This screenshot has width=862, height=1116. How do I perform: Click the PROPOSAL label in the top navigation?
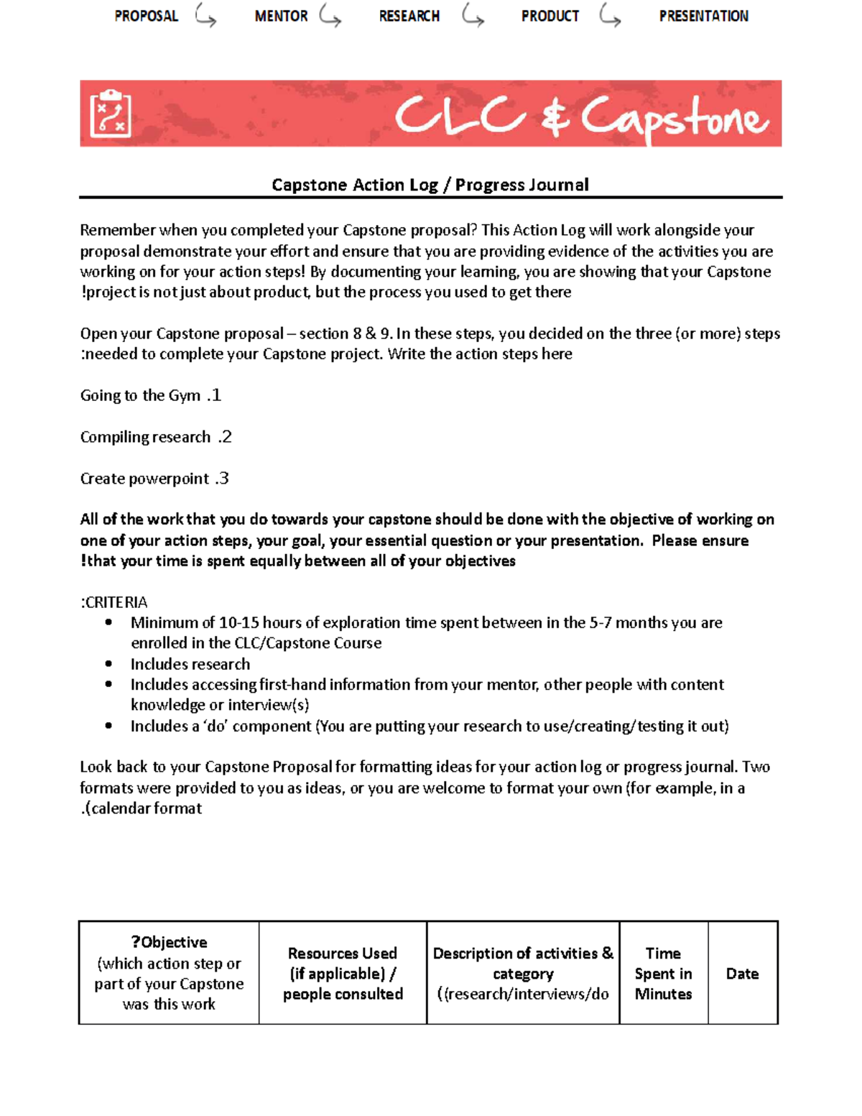click(x=146, y=16)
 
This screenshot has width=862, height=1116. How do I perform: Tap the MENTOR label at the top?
click(x=281, y=16)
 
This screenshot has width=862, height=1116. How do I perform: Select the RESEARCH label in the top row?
click(x=409, y=16)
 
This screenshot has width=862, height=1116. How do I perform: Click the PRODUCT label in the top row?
click(x=550, y=16)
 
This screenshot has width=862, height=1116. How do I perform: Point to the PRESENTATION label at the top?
click(x=703, y=16)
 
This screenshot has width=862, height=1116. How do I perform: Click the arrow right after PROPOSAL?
click(x=205, y=16)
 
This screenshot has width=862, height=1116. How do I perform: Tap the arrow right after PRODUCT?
click(x=610, y=16)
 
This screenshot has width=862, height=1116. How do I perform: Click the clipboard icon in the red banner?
click(x=110, y=114)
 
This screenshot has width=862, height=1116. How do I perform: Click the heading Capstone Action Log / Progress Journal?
click(x=430, y=185)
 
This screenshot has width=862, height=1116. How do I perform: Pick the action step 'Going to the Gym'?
click(x=140, y=395)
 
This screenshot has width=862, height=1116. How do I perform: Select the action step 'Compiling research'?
click(x=145, y=437)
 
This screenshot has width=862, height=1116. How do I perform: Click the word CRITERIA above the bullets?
click(x=116, y=602)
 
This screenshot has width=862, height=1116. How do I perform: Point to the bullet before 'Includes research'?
click(x=108, y=664)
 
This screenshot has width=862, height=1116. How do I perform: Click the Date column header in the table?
click(x=742, y=974)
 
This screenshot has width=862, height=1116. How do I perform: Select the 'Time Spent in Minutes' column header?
click(x=663, y=974)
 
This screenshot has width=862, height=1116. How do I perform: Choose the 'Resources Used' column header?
click(x=343, y=974)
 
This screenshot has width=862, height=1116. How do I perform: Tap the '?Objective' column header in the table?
click(x=169, y=943)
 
